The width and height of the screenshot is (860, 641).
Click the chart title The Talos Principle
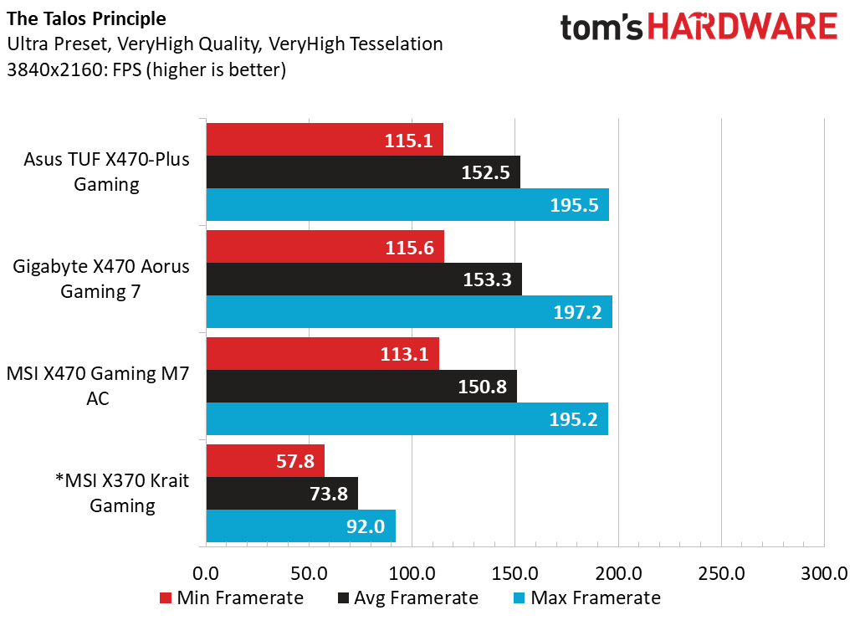pos(86,18)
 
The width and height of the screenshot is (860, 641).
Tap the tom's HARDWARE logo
pos(699,28)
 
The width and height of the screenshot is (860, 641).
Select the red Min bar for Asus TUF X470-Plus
pos(325,140)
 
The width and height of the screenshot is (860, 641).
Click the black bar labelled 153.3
pos(364,279)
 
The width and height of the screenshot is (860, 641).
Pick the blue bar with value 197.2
pos(409,312)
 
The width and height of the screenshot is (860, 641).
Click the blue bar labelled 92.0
pos(300,526)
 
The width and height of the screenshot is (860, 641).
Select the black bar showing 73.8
pos(282,494)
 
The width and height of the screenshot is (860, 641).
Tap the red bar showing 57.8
pos(265,461)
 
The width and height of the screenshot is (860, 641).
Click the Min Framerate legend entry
pos(231,598)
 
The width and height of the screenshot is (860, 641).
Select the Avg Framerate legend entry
pos(407,598)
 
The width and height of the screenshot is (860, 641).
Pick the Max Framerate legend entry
pos(586,598)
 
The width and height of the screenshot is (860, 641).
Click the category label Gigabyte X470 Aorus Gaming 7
pos(101,279)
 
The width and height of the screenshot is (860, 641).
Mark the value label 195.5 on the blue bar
pos(574,205)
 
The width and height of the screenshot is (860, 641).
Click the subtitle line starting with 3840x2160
pos(146,70)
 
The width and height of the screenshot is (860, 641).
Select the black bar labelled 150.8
pos(361,387)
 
